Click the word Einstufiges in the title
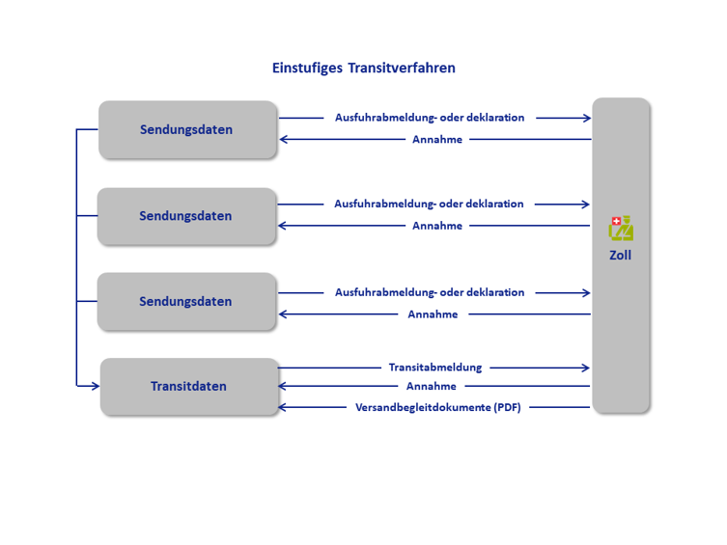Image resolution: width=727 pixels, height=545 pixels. (307, 68)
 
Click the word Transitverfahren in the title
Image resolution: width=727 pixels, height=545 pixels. (402, 68)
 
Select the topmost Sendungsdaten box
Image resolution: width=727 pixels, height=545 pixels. (187, 129)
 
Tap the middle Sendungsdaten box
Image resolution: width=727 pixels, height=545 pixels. (187, 216)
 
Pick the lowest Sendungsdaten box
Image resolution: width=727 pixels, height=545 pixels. (187, 302)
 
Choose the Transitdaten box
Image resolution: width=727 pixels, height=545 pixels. (189, 386)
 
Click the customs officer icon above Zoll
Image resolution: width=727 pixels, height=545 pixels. (621, 228)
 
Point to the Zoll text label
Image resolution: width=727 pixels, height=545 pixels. (621, 255)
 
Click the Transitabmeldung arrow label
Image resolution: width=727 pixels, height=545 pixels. (435, 368)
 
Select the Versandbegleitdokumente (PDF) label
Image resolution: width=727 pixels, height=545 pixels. (438, 407)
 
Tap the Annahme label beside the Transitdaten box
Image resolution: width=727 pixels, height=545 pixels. (432, 386)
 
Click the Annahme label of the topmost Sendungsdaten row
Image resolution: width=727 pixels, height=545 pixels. (437, 139)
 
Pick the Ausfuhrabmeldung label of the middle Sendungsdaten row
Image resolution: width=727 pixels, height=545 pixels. (429, 204)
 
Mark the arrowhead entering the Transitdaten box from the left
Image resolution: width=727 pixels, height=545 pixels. (96, 386)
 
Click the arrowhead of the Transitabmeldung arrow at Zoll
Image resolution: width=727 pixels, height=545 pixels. (586, 368)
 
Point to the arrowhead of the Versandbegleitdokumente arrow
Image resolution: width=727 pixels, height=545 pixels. (282, 407)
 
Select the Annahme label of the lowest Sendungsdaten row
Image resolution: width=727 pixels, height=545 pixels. (433, 314)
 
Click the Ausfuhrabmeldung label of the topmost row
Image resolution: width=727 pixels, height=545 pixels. (430, 118)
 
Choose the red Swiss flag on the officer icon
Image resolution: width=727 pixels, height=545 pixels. (616, 221)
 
